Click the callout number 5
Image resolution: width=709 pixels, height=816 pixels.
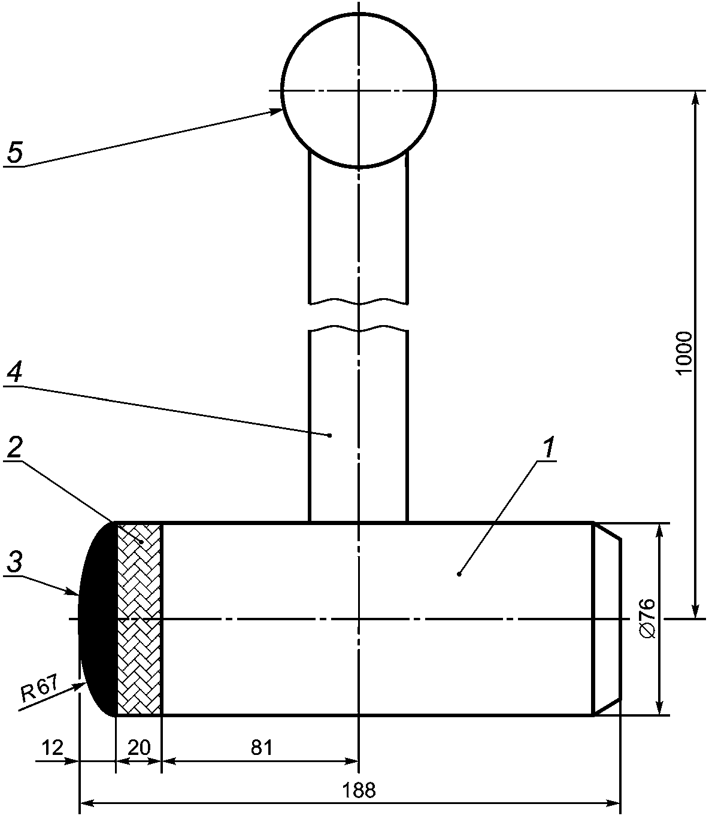pos(15,152)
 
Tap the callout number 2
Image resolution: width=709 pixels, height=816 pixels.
pos(14,448)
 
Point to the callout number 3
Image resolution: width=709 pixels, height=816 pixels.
pos(14,562)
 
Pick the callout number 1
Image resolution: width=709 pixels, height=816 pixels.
pos(549,448)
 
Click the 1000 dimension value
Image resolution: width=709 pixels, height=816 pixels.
pos(684,353)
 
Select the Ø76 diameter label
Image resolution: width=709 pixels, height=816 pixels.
pos(647,618)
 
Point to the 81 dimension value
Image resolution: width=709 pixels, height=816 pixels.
pos(262,747)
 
